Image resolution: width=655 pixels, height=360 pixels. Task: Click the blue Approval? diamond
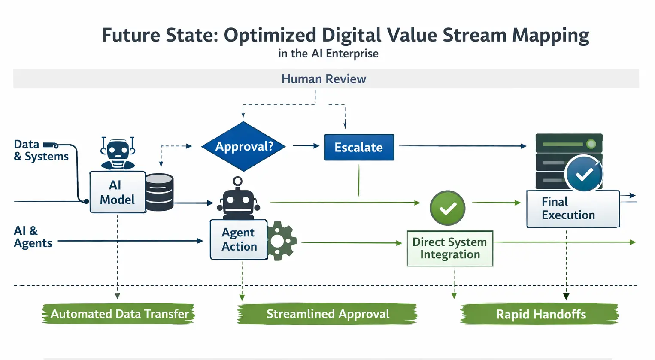click(244, 146)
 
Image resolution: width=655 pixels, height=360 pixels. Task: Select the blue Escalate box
click(359, 147)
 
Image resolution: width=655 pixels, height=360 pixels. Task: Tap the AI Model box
click(117, 192)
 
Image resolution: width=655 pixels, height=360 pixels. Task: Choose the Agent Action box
click(239, 239)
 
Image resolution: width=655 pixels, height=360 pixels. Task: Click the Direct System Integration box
click(449, 248)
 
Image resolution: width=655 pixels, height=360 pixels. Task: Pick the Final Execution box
click(573, 209)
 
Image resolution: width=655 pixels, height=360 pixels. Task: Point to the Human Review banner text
click(324, 79)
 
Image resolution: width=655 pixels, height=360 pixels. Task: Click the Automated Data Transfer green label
click(119, 314)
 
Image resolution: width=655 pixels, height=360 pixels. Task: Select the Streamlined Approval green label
click(327, 314)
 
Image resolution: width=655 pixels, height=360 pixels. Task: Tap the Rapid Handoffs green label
click(540, 314)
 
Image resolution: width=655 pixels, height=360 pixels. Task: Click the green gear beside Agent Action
click(281, 241)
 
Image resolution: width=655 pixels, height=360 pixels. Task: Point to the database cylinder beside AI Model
click(159, 192)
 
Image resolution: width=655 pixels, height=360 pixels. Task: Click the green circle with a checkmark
click(447, 208)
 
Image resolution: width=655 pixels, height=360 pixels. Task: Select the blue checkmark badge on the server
click(584, 174)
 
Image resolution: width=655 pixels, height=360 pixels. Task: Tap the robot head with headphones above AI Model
click(118, 153)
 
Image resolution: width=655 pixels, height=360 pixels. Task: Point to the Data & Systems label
click(41, 151)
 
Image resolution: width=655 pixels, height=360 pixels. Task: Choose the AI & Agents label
click(33, 237)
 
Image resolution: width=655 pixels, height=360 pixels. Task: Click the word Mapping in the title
click(551, 36)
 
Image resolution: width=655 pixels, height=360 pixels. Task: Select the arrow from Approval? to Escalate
click(306, 146)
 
